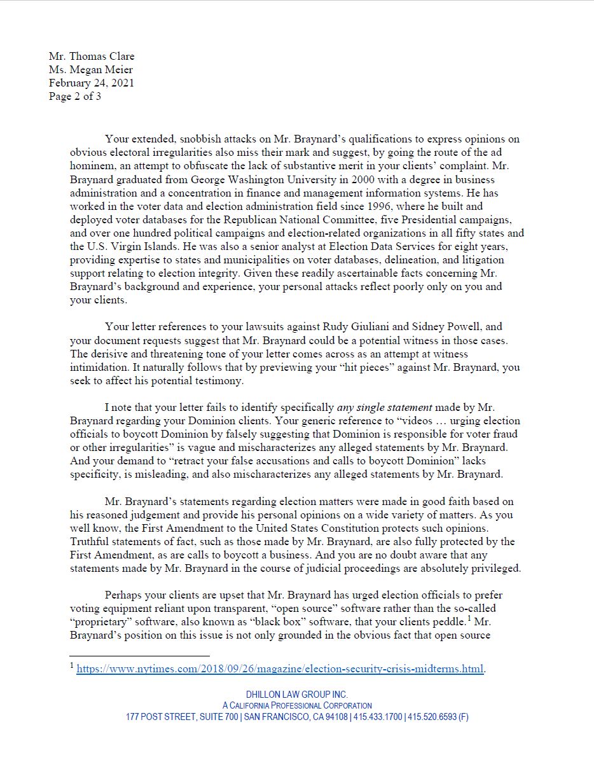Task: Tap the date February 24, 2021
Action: pos(92,83)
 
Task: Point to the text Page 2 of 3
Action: pos(75,97)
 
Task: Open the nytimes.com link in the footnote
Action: pos(280,669)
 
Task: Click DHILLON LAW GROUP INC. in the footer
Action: pos(297,695)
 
